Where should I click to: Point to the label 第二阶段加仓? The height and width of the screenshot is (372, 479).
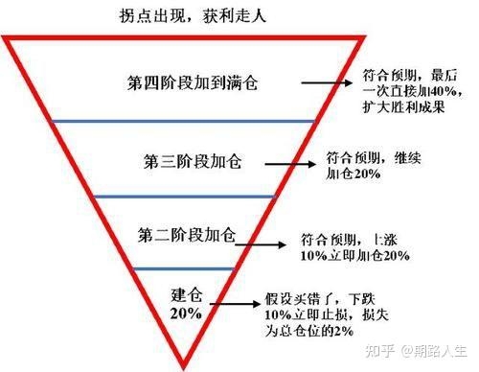(187, 235)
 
